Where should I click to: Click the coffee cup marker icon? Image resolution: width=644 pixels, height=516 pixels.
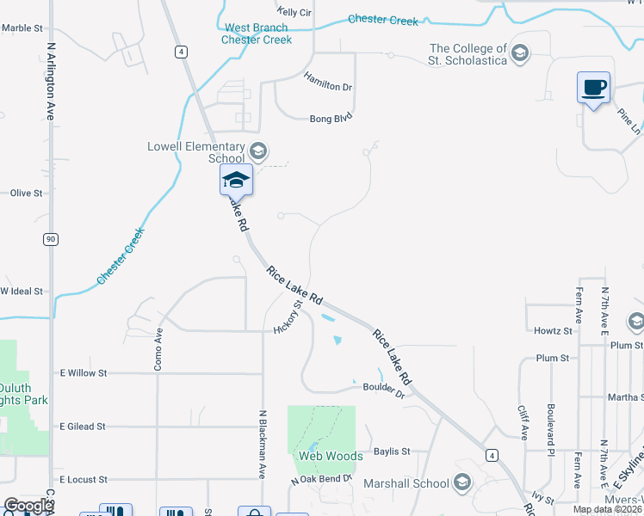593,88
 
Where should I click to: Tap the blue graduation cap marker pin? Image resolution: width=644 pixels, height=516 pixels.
236,180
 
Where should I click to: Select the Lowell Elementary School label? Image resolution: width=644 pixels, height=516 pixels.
196,152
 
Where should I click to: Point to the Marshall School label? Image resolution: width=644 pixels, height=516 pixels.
407,483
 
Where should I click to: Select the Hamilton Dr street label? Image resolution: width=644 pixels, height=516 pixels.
328,82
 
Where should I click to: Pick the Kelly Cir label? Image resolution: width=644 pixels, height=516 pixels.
294,12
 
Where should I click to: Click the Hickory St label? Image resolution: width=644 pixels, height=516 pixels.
288,316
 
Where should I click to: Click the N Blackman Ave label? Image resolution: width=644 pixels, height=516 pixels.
262,444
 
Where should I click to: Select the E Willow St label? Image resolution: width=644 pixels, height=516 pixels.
83,373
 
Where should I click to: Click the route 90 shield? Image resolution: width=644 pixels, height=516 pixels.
52,238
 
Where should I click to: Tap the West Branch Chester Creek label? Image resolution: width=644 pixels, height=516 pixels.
257,34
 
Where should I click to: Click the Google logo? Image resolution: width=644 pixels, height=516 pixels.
28,506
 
